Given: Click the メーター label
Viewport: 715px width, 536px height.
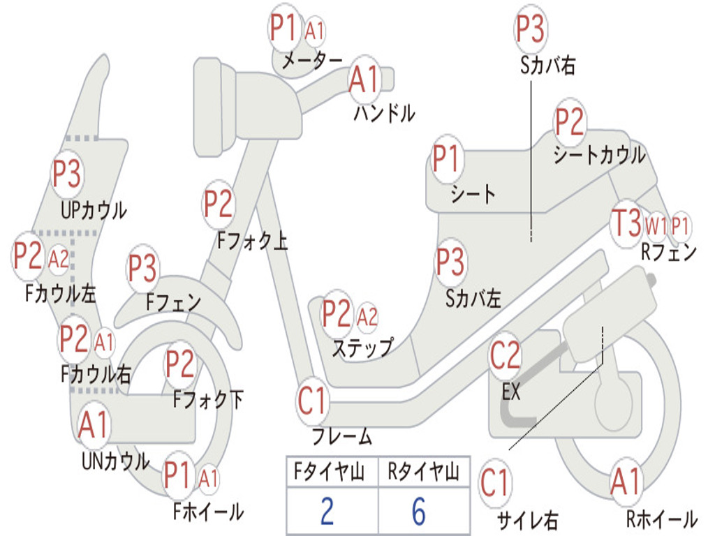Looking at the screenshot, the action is [312, 60].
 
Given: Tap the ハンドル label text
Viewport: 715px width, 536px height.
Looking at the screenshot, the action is [385, 113].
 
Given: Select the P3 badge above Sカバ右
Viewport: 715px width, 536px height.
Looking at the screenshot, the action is [530, 29].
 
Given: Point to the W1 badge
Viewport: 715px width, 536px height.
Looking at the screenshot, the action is [655, 225].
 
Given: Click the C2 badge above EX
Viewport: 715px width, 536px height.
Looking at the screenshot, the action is [505, 355].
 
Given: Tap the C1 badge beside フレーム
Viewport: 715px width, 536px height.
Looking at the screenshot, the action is [312, 401].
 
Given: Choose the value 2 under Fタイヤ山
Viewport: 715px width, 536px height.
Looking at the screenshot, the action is [327, 511].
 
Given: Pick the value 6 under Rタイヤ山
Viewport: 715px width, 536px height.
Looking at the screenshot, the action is [419, 511].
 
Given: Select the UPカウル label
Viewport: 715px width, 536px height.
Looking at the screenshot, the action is [94, 210].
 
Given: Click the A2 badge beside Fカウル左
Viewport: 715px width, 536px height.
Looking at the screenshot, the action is [59, 260].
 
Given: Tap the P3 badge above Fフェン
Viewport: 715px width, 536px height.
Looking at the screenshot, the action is [142, 267].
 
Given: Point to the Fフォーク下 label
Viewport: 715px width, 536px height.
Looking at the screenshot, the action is [208, 399].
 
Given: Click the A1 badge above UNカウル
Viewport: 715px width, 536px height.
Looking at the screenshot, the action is [93, 425].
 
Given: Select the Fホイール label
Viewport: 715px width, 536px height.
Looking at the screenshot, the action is [208, 512].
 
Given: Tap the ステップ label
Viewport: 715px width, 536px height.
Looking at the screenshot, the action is [363, 348].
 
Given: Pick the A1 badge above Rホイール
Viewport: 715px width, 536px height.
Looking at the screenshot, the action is [626, 482].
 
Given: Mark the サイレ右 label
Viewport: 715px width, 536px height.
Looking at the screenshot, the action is [528, 520].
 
